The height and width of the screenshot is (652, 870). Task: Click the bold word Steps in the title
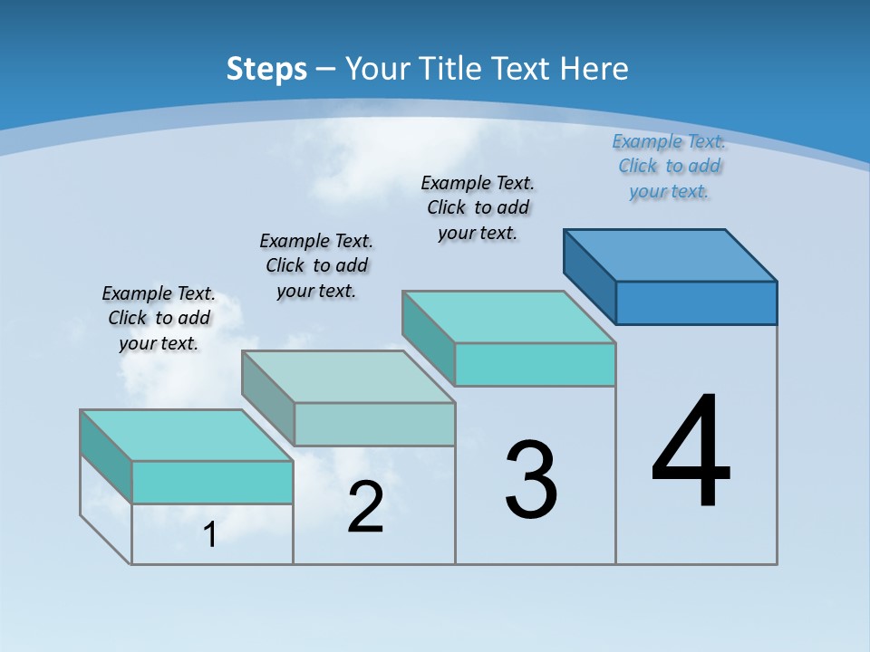[x=266, y=69]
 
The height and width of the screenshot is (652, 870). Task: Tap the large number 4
[x=691, y=452]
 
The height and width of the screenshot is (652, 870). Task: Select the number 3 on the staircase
[x=531, y=480]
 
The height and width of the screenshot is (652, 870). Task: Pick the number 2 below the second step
[x=365, y=508]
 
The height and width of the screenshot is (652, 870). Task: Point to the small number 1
[x=210, y=535]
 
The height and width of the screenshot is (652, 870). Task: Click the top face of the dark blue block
[x=671, y=254]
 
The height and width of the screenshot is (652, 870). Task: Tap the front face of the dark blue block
[x=696, y=302]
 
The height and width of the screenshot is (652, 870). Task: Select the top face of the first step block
[x=187, y=435]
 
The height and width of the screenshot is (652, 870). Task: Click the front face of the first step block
[x=212, y=482]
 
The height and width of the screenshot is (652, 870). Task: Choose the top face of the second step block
[x=348, y=376]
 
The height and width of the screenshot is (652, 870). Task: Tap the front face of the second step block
[x=374, y=424]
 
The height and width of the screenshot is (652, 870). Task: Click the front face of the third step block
[x=535, y=364]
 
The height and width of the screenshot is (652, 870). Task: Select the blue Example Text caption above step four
[x=669, y=167]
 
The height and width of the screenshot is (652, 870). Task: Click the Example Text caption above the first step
[x=159, y=319]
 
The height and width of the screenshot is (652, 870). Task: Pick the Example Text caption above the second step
[x=316, y=265]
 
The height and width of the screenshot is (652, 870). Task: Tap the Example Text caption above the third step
[x=478, y=207]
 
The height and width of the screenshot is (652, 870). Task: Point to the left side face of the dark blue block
[x=589, y=276]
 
